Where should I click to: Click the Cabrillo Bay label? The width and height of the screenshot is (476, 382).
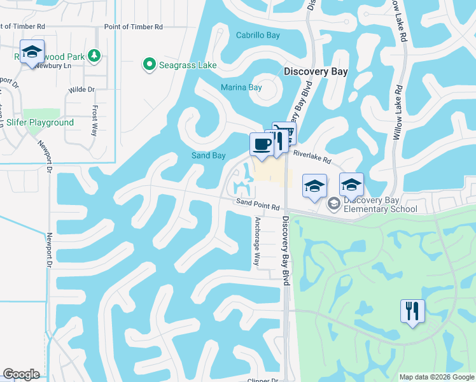(x=258, y=36)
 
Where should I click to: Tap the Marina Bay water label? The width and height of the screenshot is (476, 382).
(x=241, y=88)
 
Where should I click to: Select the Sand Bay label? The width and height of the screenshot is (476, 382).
(x=209, y=156)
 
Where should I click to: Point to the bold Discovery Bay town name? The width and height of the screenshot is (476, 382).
(x=316, y=72)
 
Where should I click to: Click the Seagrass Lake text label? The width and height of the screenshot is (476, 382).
(x=188, y=65)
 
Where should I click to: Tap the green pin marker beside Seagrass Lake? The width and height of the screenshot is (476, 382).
(x=150, y=64)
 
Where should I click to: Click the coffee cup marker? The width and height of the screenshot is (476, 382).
(x=262, y=145)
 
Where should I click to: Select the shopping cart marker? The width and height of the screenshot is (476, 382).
(x=284, y=132)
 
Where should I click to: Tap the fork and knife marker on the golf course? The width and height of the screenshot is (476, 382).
(x=412, y=311)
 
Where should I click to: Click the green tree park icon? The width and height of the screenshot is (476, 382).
(x=94, y=55)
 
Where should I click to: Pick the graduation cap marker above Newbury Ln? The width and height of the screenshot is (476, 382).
(x=32, y=51)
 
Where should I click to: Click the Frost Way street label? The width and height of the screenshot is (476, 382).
(x=95, y=120)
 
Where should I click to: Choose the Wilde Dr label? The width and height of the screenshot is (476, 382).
(x=81, y=90)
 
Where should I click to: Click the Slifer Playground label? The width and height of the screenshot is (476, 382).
(x=40, y=122)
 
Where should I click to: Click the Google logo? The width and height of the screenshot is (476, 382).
(x=21, y=374)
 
